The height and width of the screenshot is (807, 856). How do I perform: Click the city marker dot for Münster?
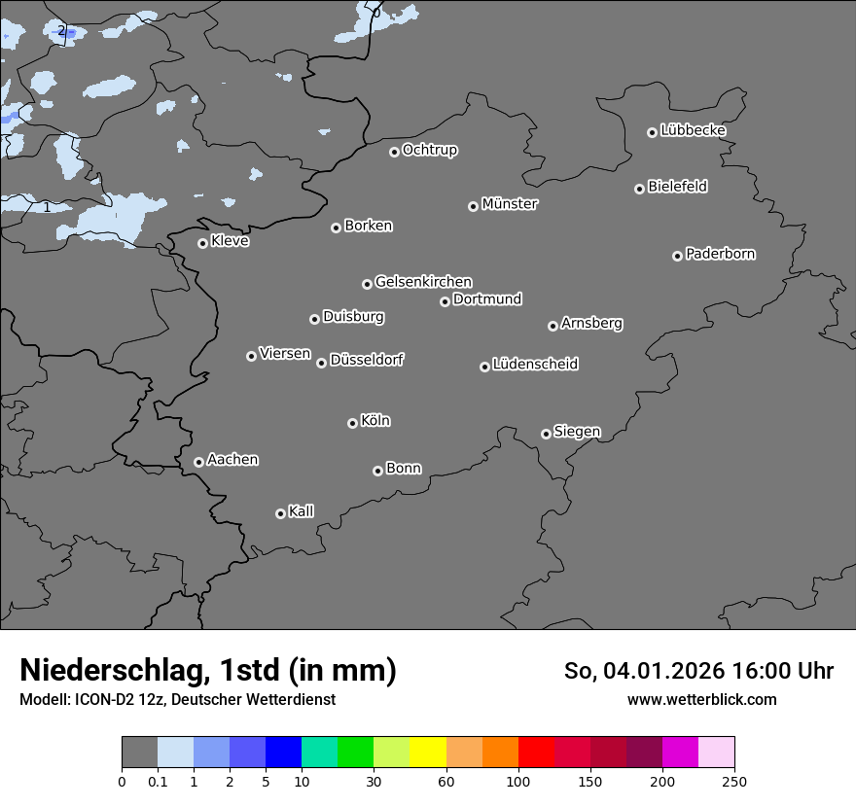pos(473,206)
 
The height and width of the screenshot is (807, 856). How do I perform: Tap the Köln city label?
pos(375,421)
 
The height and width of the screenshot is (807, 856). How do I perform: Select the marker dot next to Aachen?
pos(198,462)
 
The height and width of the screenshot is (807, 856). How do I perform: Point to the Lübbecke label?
pos(693,130)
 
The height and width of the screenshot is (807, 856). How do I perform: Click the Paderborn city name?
pos(720,254)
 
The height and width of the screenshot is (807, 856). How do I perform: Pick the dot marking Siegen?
pos(546,434)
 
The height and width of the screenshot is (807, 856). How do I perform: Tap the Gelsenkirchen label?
pos(423,282)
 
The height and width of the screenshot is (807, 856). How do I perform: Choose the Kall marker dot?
pos(280,513)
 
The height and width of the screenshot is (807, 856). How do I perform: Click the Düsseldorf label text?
pos(367,360)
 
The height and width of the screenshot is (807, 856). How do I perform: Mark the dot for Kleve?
pos(202,243)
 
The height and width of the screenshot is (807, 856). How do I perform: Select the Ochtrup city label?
pos(430,150)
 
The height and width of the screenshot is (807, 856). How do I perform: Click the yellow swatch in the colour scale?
pos(428,753)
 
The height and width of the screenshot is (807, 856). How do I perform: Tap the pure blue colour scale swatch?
pos(283,753)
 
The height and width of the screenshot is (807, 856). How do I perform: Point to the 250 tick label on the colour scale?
pos(734,781)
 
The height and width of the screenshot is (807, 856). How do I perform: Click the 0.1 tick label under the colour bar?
pos(158,781)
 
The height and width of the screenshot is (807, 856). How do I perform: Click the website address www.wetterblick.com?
pos(701,699)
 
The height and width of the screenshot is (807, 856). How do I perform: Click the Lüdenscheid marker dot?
pos(484,367)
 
